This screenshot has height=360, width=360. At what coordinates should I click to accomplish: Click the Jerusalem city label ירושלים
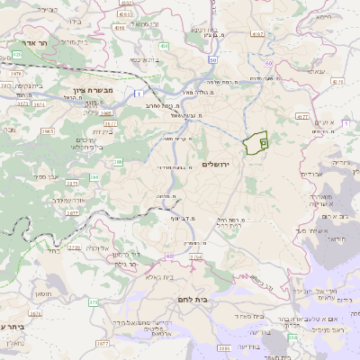click(x=217, y=165)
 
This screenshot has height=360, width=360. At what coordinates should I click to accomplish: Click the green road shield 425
click(x=16, y=55)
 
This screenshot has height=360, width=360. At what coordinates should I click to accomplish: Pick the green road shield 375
click(x=93, y=302)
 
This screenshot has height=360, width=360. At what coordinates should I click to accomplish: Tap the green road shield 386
click(x=118, y=163)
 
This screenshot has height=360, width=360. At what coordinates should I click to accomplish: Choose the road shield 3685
click(x=224, y=346)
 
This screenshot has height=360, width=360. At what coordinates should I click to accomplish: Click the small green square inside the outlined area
click(x=263, y=143)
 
